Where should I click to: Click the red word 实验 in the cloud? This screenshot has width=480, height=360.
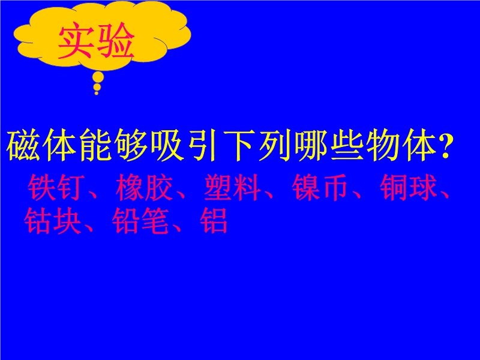(96, 40)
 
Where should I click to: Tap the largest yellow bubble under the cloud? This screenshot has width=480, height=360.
(98, 77)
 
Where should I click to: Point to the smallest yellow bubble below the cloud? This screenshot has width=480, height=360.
(97, 93)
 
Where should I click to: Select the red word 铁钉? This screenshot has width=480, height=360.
(56, 187)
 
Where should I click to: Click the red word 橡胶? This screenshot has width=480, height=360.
(144, 187)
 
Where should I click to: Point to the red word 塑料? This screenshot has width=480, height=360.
(232, 187)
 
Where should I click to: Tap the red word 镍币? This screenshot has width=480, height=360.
(320, 187)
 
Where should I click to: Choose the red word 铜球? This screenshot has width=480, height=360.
(409, 187)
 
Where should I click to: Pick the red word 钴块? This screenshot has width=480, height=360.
(53, 220)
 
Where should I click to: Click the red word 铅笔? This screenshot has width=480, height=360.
(141, 220)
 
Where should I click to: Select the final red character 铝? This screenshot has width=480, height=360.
(214, 220)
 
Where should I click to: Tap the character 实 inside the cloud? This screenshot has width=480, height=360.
(77, 40)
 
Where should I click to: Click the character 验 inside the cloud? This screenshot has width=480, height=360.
(116, 40)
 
